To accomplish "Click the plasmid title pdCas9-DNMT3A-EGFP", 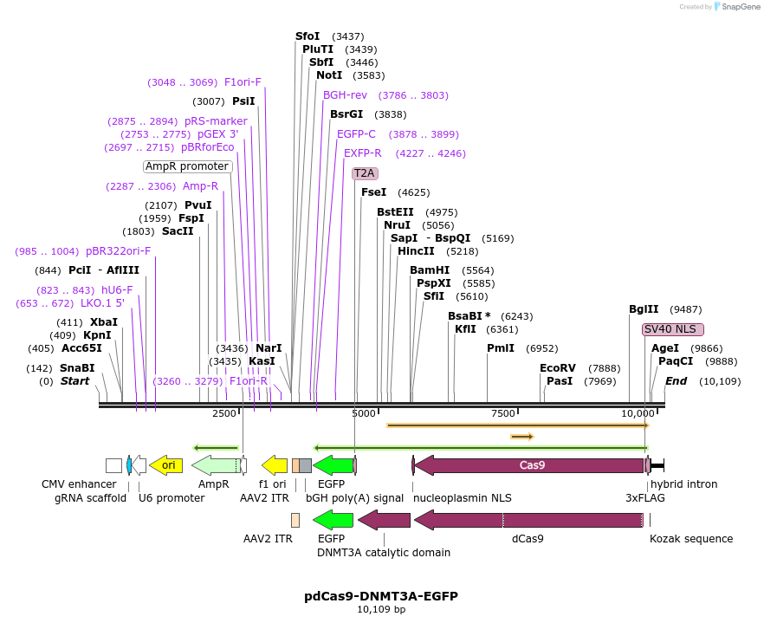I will (381, 596).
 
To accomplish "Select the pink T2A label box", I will (365, 172).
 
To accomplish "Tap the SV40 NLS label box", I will (672, 329).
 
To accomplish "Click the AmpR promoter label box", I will (187, 166).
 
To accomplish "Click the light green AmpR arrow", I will (214, 465).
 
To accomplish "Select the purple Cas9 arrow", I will (530, 465).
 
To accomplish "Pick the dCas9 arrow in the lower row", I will (530, 520).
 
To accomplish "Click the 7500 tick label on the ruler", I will (503, 413).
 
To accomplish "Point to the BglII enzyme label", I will (644, 309).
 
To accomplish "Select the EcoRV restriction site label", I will (558, 368).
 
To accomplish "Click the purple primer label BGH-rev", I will (345, 95).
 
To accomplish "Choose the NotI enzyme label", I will (329, 75).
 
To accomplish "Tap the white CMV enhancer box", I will (113, 465).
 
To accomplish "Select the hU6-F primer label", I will (117, 290).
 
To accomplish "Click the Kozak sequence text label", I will (691, 539).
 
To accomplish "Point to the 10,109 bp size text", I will (381, 610).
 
